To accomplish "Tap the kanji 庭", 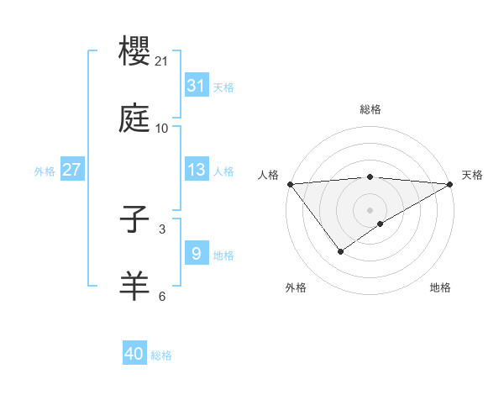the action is (x=135, y=118).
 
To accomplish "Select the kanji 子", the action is (x=135, y=220).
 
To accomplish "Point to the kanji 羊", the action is (x=135, y=287).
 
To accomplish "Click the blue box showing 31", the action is (x=196, y=86).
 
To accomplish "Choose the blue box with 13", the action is (x=196, y=170).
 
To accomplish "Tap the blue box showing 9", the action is (x=196, y=254).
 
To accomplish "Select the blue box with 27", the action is (x=71, y=170).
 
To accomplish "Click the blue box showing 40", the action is (x=134, y=354).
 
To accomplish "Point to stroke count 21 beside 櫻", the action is (x=162, y=61).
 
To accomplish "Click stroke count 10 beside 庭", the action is (x=162, y=129).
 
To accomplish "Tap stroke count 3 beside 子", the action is (x=162, y=229).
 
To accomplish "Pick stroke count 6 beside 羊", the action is (x=162, y=296).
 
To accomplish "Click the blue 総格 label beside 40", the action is (x=161, y=355).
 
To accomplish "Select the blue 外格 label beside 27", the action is (x=45, y=171).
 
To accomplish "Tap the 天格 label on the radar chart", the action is (x=472, y=175).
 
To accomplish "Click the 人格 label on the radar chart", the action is (x=269, y=175).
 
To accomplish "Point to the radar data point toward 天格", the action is (x=451, y=184).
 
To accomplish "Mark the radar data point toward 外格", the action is (x=340, y=251).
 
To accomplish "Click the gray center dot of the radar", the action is (x=370, y=210).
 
